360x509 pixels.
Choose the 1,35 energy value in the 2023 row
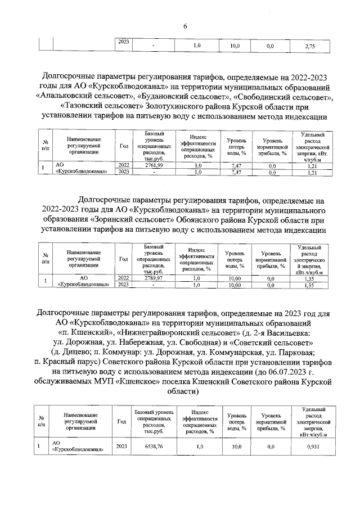[309, 285]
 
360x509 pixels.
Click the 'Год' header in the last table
[121, 421]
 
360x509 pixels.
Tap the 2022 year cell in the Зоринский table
[123, 278]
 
